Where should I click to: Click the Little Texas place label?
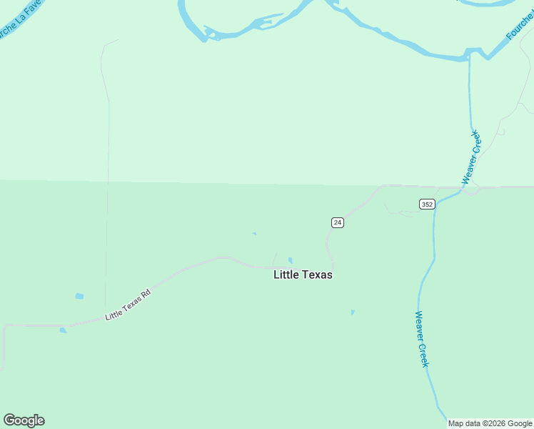click(x=303, y=275)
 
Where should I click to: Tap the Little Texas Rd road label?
click(x=129, y=305)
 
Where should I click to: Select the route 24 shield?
click(x=338, y=223)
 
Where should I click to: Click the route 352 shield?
click(x=427, y=204)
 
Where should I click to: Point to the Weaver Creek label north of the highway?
click(x=472, y=157)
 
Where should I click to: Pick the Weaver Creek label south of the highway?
click(x=422, y=339)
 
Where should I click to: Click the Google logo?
click(x=24, y=420)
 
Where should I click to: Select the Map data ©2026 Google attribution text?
click(x=490, y=423)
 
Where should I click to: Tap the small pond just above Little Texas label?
click(x=290, y=260)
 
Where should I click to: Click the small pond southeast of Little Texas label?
click(x=352, y=312)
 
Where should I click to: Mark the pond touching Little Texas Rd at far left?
click(x=64, y=330)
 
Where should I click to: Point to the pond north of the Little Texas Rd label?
click(x=79, y=296)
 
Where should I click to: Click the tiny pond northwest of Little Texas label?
click(x=254, y=233)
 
